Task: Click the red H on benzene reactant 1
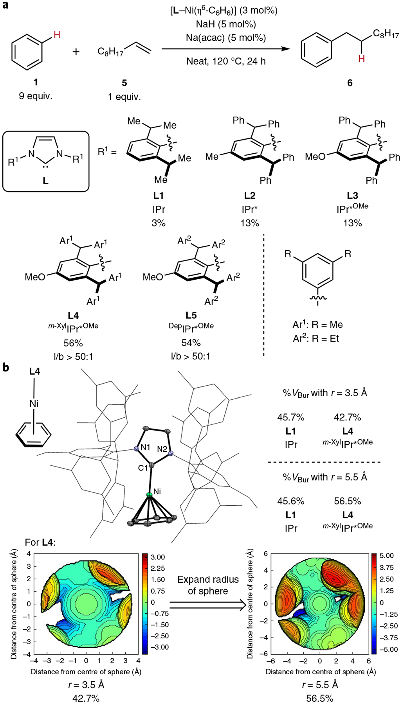[57, 35]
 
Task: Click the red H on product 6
[361, 59]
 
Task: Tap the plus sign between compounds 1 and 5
[76, 51]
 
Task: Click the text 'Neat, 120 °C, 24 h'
[226, 61]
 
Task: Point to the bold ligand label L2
[249, 196]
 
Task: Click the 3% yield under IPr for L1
[159, 223]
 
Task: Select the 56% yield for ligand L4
[73, 343]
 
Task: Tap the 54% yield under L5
[191, 343]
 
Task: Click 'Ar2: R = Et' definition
[316, 338]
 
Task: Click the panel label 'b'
[5, 368]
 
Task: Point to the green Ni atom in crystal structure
[149, 495]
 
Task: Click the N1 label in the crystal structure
[145, 447]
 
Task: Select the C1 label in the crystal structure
[143, 467]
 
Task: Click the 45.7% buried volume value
[291, 417]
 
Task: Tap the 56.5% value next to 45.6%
[348, 501]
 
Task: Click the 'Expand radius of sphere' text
[208, 585]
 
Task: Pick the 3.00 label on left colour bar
[158, 557]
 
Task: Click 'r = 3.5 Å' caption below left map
[86, 685]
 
